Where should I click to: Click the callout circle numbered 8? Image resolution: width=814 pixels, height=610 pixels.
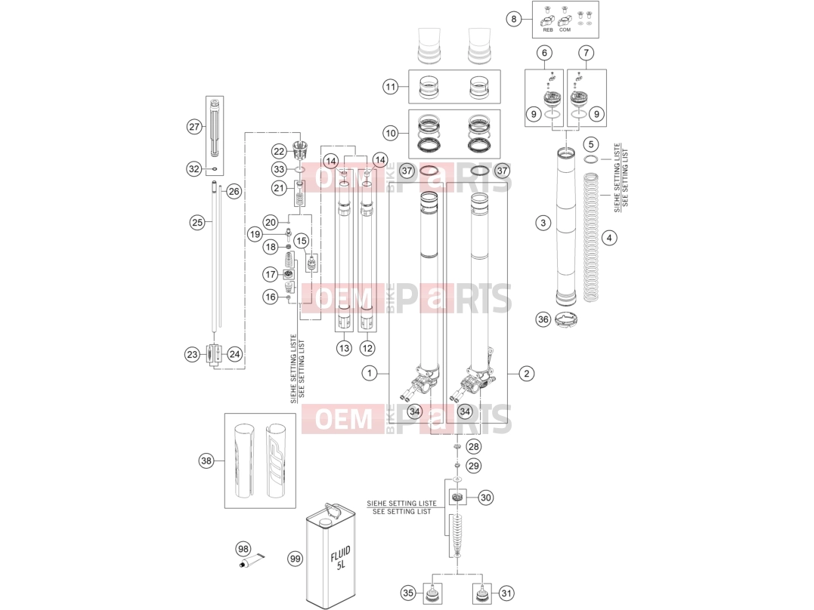(x=513, y=19)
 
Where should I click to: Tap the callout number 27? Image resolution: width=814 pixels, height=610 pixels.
(x=194, y=127)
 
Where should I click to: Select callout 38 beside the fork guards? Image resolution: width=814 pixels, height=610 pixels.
(x=206, y=461)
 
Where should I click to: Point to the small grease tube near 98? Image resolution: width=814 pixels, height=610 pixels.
(x=251, y=559)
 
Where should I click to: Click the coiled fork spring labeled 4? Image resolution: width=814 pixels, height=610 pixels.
(x=590, y=238)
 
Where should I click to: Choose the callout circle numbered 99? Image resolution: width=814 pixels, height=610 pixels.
(x=296, y=559)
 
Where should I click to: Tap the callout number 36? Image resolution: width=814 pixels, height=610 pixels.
(x=543, y=319)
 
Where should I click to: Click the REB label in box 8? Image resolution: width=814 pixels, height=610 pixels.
(x=548, y=30)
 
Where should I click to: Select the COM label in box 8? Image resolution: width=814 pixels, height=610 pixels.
(x=565, y=30)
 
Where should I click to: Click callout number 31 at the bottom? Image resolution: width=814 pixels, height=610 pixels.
(x=506, y=593)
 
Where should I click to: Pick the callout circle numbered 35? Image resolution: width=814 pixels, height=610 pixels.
(x=408, y=593)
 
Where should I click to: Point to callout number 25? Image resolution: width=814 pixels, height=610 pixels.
(x=197, y=223)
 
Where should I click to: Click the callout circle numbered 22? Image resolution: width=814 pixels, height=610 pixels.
(x=279, y=152)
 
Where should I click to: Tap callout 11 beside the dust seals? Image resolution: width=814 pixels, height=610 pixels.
(x=391, y=87)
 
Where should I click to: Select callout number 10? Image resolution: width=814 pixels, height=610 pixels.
(x=391, y=134)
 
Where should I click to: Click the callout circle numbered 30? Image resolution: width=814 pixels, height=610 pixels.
(x=485, y=498)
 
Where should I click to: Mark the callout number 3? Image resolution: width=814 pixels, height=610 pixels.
(x=543, y=223)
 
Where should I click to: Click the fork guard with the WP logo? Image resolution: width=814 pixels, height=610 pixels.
(x=276, y=460)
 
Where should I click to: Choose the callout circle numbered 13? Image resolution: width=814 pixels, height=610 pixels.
(x=344, y=348)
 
